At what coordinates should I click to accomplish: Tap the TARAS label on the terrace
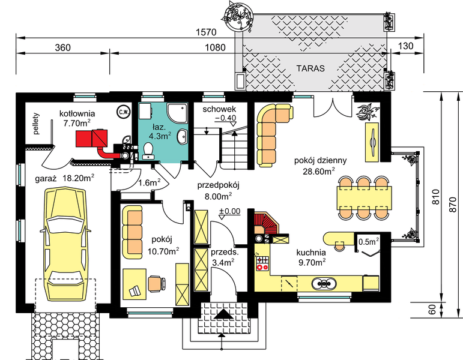[x=310, y=68]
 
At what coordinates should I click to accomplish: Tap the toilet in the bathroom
[x=150, y=151]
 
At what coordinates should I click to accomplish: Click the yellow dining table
[x=364, y=196]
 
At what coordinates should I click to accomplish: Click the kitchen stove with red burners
[x=262, y=262]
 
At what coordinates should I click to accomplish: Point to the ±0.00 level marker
[x=229, y=211]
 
